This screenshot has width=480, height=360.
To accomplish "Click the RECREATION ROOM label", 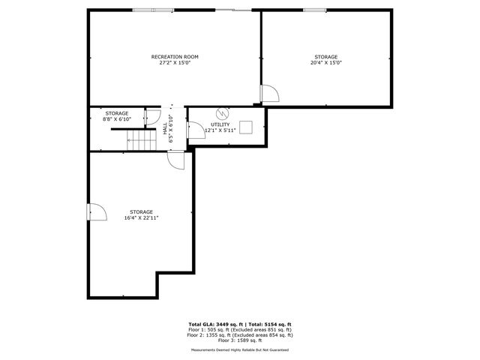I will point(175,57).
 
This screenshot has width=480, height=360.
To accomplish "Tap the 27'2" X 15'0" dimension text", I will point(175,63).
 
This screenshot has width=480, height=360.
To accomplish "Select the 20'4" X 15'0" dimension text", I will point(325,63).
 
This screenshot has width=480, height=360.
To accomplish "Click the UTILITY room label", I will point(220,124).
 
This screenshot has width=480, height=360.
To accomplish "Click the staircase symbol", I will point(139,139).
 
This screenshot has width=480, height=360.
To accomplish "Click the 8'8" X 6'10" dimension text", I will point(116,119).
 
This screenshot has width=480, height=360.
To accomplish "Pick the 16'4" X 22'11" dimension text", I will point(141,217).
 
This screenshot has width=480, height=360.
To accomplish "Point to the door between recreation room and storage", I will point(269,94).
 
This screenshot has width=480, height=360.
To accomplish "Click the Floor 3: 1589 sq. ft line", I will point(239,340).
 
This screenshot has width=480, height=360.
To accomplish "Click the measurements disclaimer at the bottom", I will point(239,349).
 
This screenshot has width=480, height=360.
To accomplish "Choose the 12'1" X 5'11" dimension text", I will point(220,130).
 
